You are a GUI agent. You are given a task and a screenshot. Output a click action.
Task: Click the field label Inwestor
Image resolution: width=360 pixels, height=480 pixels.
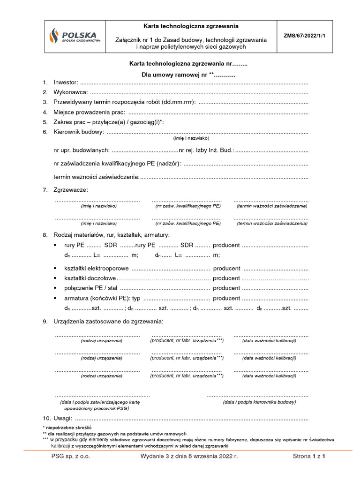66,82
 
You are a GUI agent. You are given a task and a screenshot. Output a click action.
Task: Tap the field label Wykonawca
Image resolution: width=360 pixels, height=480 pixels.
70,92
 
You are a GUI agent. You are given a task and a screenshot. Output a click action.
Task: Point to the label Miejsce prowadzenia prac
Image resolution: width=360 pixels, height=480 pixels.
89,112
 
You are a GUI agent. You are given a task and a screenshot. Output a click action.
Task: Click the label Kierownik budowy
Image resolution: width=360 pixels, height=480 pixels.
78,132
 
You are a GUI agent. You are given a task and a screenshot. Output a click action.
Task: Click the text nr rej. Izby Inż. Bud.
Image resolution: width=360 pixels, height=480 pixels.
207,150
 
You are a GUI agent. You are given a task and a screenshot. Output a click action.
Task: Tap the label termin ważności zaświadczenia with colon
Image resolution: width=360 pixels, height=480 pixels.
97,177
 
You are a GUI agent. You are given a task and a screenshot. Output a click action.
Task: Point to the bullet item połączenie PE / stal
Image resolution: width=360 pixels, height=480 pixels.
91,288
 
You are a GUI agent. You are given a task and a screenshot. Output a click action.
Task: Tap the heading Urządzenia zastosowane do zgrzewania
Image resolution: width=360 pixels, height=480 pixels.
108,321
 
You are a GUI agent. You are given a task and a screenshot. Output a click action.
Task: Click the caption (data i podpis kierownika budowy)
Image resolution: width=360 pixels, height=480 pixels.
259,402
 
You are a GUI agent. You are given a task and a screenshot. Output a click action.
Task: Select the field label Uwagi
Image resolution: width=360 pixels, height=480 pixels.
63,418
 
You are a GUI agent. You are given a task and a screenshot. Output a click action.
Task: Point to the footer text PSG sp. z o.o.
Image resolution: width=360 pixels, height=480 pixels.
71,456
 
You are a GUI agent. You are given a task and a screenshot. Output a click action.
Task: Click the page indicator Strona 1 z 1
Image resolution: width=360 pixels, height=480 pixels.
308,456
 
